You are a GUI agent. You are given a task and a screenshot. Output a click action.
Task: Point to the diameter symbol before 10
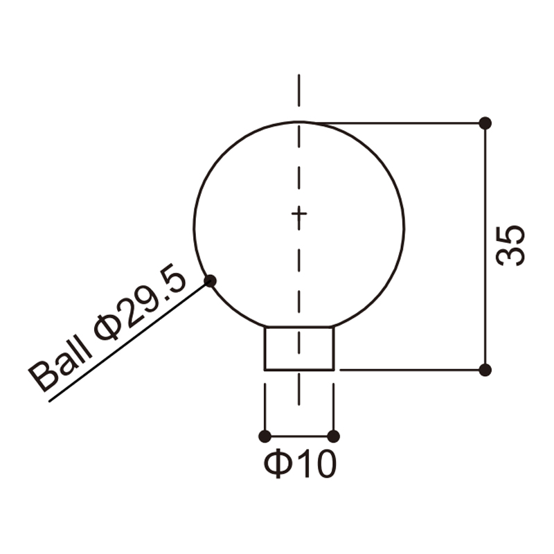pyautogui.click(x=278, y=463)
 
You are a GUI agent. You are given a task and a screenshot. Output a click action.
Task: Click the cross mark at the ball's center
pyautogui.click(x=299, y=213)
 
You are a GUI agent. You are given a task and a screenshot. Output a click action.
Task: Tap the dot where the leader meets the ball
pyautogui.click(x=211, y=281)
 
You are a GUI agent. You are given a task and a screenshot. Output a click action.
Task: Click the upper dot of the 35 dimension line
pyautogui.click(x=485, y=123)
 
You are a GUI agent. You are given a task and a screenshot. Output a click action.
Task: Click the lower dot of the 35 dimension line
pyautogui.click(x=485, y=370)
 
